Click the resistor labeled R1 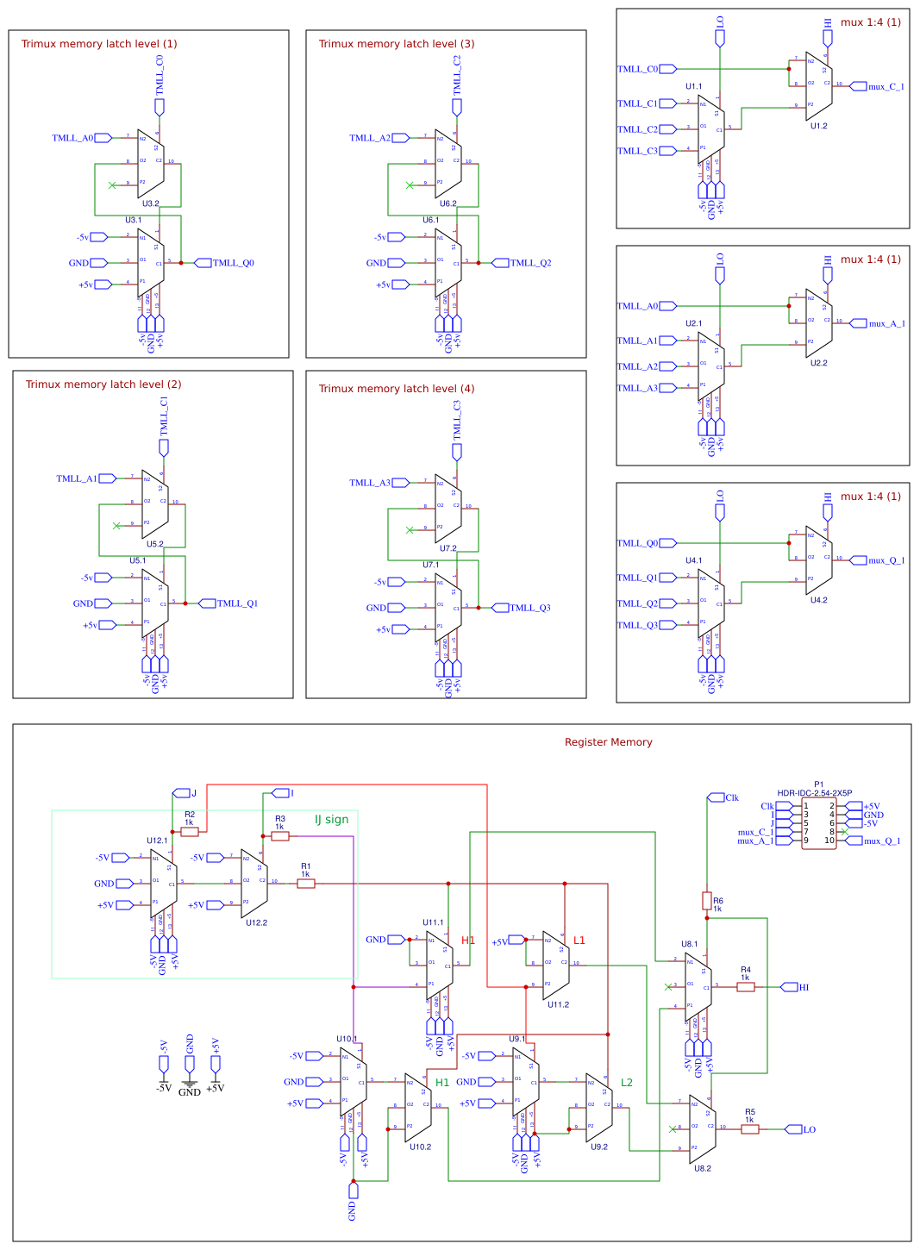(305, 883)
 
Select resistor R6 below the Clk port (707, 901)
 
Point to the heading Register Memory (608, 742)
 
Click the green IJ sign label (331, 820)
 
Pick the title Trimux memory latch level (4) (396, 389)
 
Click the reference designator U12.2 (256, 922)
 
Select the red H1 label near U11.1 (468, 941)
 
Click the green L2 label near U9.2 (627, 1083)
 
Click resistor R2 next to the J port (190, 831)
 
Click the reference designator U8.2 (703, 1168)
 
